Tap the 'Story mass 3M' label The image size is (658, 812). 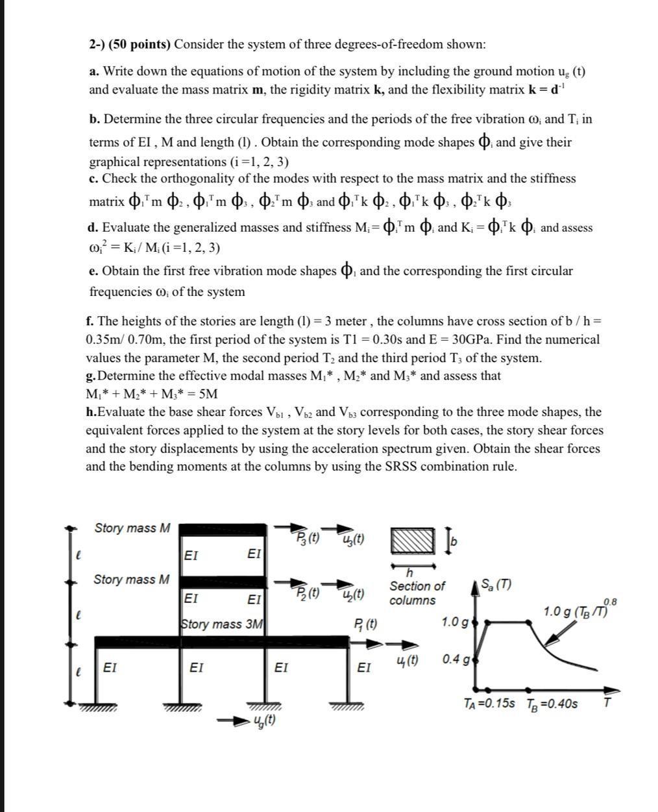click(222, 624)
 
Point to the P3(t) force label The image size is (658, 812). click(308, 537)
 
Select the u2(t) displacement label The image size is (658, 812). click(352, 593)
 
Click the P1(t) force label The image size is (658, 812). click(367, 624)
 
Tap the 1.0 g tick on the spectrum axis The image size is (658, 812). click(455, 622)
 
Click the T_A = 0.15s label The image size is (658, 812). click(489, 704)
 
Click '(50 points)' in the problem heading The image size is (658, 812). click(139, 44)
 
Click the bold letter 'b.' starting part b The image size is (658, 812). click(95, 119)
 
